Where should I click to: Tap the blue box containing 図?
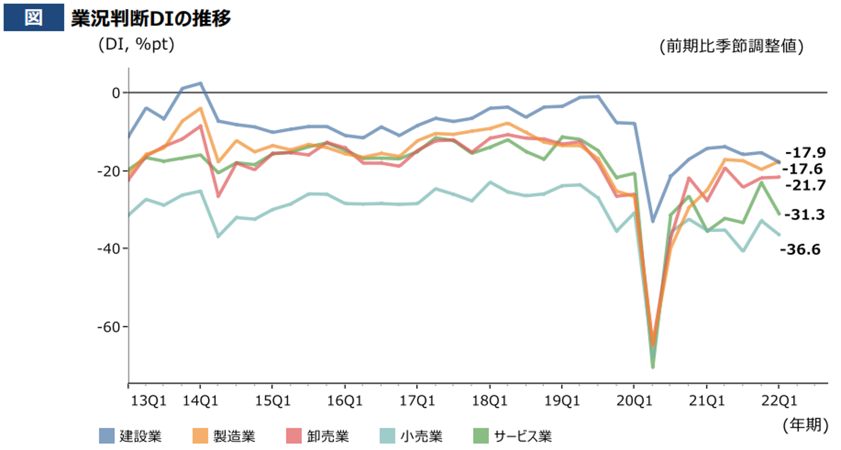[33, 18]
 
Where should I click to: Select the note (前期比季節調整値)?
[731, 46]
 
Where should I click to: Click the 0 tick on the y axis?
[116, 92]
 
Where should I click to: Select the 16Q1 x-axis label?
[345, 400]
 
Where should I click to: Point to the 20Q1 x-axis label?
[634, 400]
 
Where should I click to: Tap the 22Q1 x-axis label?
[778, 400]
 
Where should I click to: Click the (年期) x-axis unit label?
[803, 424]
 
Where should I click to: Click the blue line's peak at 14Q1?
[200, 83]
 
